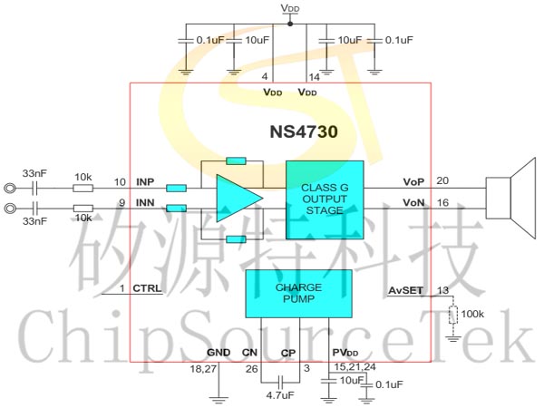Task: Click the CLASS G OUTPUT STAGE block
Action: [325, 199]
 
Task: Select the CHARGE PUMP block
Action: [298, 293]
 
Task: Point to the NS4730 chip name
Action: [304, 131]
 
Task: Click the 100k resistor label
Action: [472, 314]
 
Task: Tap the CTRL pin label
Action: [147, 288]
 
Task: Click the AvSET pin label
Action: [405, 290]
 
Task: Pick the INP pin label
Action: [145, 182]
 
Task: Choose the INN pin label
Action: [145, 202]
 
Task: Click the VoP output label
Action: [413, 182]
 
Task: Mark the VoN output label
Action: [413, 202]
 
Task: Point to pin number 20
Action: [442, 181]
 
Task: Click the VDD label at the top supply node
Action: [289, 7]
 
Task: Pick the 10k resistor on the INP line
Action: [82, 189]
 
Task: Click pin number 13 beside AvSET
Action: [442, 290]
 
